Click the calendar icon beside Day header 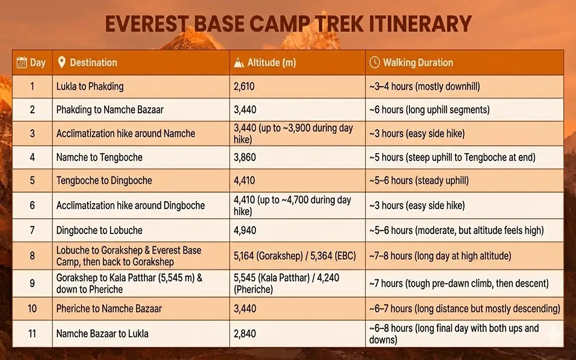click(x=22, y=62)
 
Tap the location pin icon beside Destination click(x=61, y=62)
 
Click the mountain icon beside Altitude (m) click(x=239, y=62)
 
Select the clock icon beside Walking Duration click(x=375, y=62)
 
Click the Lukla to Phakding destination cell click(x=90, y=87)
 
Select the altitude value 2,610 click(x=245, y=87)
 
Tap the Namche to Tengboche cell click(x=100, y=157)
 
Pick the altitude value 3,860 click(x=245, y=157)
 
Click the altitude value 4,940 click(x=245, y=230)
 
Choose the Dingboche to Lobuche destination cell click(x=100, y=230)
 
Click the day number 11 click(x=32, y=334)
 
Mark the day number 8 click(x=32, y=256)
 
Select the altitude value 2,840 click(x=245, y=334)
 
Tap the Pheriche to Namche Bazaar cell click(x=109, y=309)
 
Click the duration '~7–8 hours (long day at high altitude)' click(x=440, y=256)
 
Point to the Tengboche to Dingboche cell click(x=104, y=181)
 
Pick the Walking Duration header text click(x=418, y=62)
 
